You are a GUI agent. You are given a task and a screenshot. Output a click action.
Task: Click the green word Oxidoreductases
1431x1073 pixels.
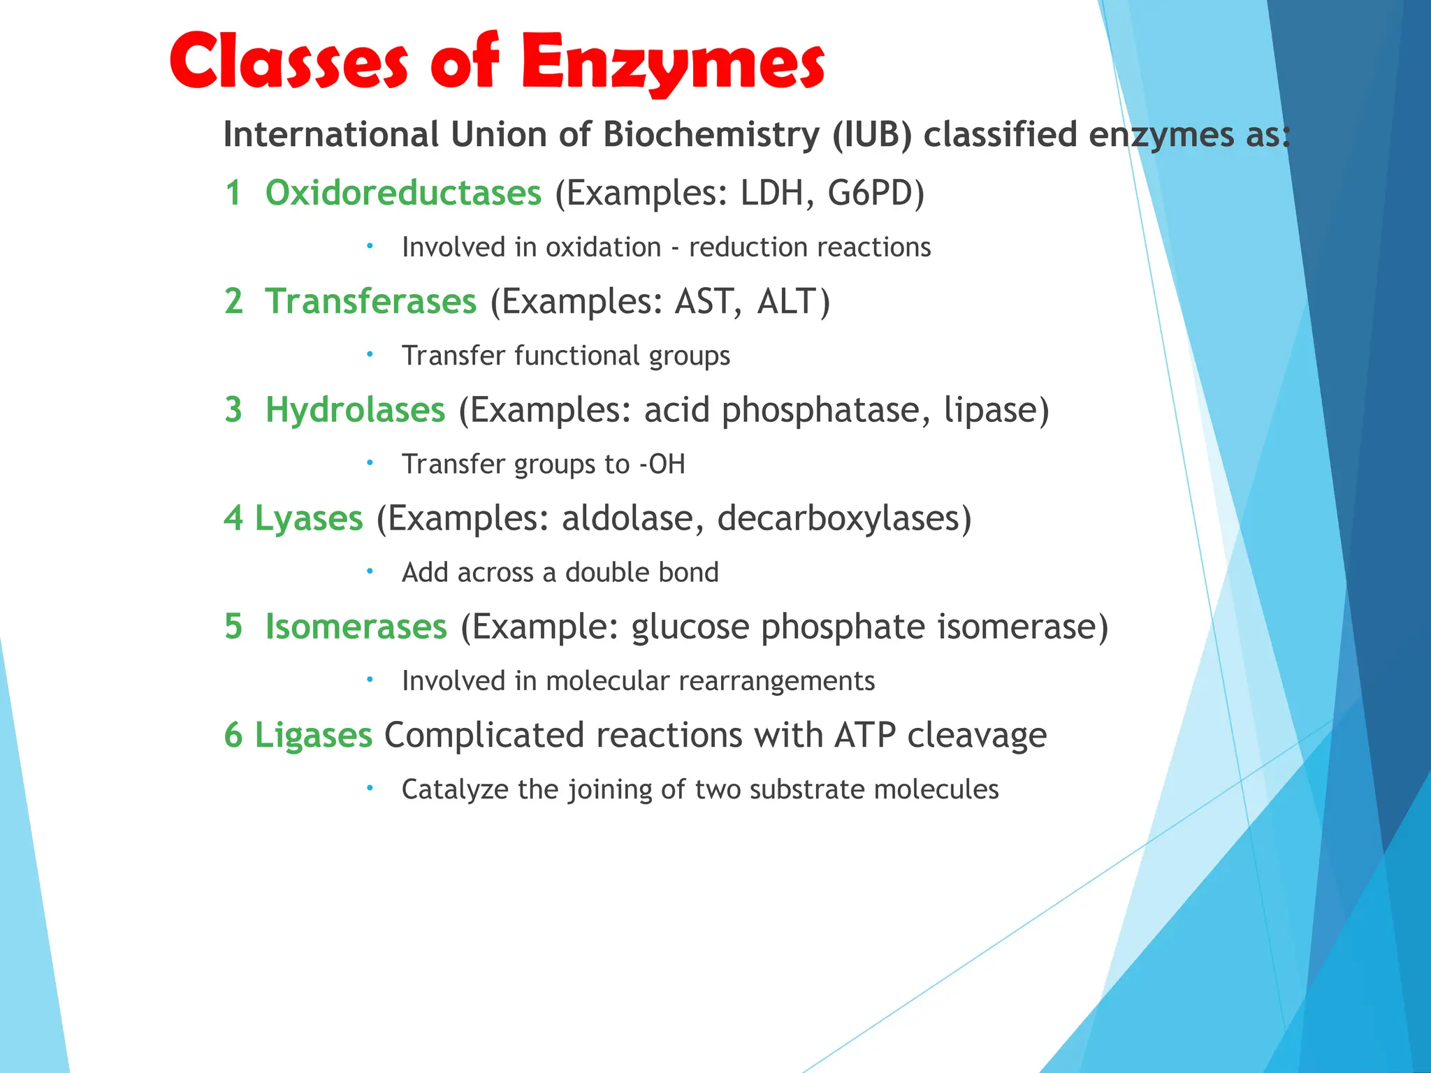pyautogui.click(x=403, y=193)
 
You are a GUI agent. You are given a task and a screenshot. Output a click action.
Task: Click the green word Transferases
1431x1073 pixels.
pyautogui.click(x=371, y=301)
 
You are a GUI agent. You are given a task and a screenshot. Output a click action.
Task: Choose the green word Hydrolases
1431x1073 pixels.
pyautogui.click(x=355, y=409)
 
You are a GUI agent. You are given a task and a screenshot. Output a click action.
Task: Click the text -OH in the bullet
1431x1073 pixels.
pyautogui.click(x=662, y=464)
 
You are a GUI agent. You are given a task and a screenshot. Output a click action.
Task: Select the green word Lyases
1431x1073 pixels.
pyautogui.click(x=309, y=518)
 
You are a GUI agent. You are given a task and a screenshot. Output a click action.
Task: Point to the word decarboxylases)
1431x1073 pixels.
pyautogui.click(x=844, y=518)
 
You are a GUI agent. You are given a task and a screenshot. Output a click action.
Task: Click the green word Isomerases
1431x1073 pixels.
pyautogui.click(x=356, y=626)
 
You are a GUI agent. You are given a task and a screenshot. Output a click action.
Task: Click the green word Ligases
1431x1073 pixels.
pyautogui.click(x=313, y=735)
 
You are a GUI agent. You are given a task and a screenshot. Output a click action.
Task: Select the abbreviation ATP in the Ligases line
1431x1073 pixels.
pyautogui.click(x=864, y=735)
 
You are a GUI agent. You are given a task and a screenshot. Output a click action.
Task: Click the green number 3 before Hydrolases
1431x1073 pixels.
pyautogui.click(x=233, y=409)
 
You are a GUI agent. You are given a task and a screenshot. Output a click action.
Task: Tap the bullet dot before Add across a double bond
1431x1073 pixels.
pyautogui.click(x=370, y=571)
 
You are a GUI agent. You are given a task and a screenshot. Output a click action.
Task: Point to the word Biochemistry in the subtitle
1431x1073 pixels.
pyautogui.click(x=711, y=134)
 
